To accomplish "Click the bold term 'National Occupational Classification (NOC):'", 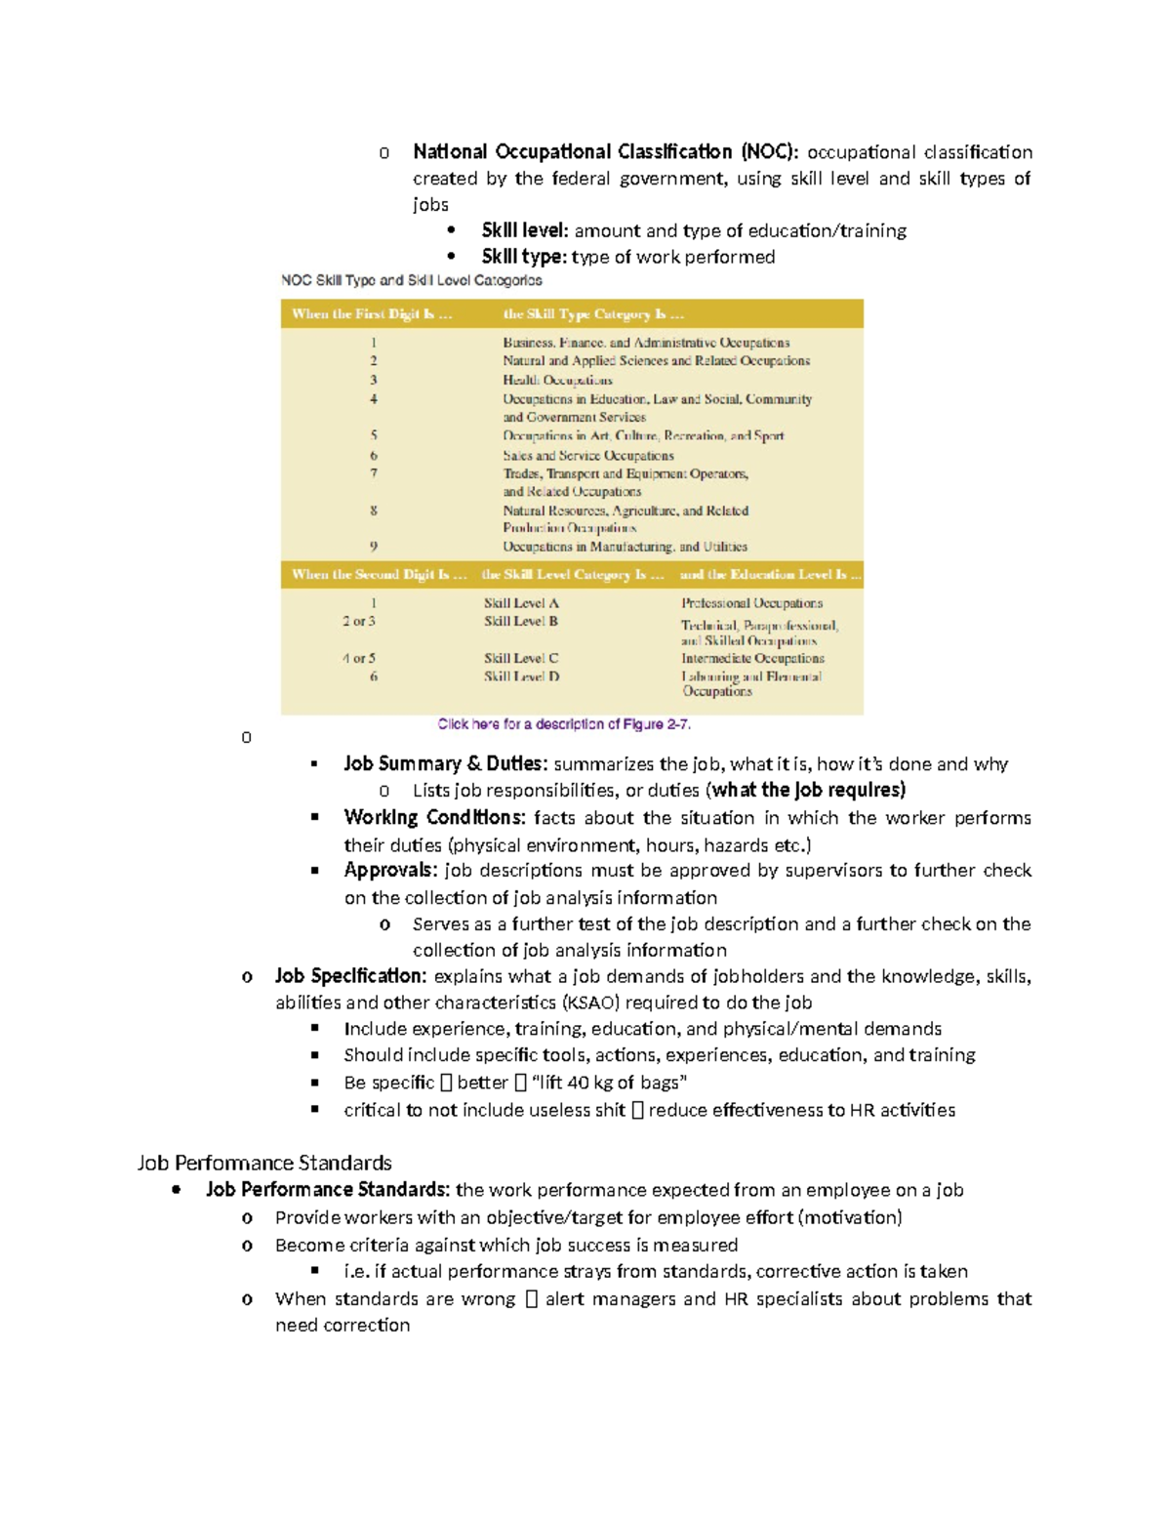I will pyautogui.click(x=605, y=152).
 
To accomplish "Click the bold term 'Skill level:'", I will pyautogui.click(x=524, y=231).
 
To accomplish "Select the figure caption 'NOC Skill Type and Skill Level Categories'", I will pyautogui.click(x=411, y=281).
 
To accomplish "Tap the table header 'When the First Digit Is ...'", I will pyautogui.click(x=372, y=314).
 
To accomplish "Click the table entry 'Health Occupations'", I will pyautogui.click(x=557, y=380).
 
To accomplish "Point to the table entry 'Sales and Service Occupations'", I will pyautogui.click(x=587, y=455).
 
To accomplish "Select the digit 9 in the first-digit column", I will pyautogui.click(x=374, y=547).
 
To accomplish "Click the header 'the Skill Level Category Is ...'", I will pyautogui.click(x=573, y=574).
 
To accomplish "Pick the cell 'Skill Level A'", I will pyautogui.click(x=521, y=603).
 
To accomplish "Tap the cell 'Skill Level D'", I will pyautogui.click(x=521, y=676).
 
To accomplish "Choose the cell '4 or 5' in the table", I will pyautogui.click(x=359, y=658).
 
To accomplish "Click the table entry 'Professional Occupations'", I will pyautogui.click(x=751, y=603).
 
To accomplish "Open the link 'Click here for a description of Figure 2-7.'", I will pyautogui.click(x=564, y=724).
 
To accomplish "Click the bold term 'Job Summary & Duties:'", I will pyautogui.click(x=445, y=764).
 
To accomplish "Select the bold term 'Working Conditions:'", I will pyautogui.click(x=434, y=818).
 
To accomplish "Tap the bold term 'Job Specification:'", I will pyautogui.click(x=350, y=976).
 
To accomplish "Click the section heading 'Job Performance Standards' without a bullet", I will pyautogui.click(x=264, y=1163).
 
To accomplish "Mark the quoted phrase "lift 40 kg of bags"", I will pyautogui.click(x=610, y=1083).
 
